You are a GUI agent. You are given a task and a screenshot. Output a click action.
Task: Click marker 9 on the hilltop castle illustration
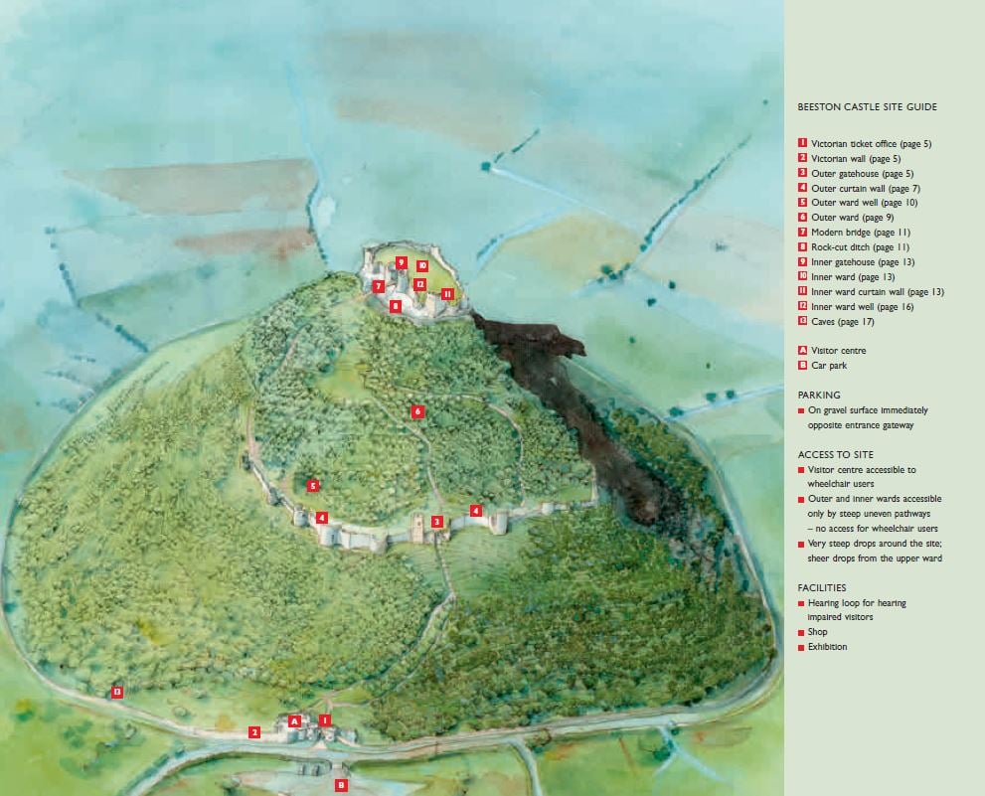(401, 262)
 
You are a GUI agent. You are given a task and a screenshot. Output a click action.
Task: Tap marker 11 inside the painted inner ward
(447, 293)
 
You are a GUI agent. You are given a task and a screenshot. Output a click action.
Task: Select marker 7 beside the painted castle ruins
(379, 286)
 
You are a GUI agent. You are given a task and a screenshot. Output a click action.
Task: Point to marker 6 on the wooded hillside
(417, 411)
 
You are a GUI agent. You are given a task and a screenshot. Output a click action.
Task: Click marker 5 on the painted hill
(312, 486)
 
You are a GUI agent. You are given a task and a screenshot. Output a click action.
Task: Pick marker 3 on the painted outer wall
(436, 522)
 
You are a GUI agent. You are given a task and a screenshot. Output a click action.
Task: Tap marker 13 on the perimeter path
(116, 692)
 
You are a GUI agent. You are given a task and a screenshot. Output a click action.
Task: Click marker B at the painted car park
(341, 785)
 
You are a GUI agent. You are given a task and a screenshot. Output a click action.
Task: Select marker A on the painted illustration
(294, 720)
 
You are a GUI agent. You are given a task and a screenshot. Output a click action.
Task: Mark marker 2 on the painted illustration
(254, 732)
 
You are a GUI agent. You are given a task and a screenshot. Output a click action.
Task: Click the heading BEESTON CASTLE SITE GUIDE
(867, 107)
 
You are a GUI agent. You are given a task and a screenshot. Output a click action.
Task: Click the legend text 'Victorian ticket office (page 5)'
(871, 144)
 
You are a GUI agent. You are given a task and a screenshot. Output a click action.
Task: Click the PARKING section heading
(819, 395)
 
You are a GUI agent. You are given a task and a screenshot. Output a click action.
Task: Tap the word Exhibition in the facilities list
(828, 647)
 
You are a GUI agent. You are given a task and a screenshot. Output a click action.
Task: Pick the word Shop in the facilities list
(818, 632)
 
